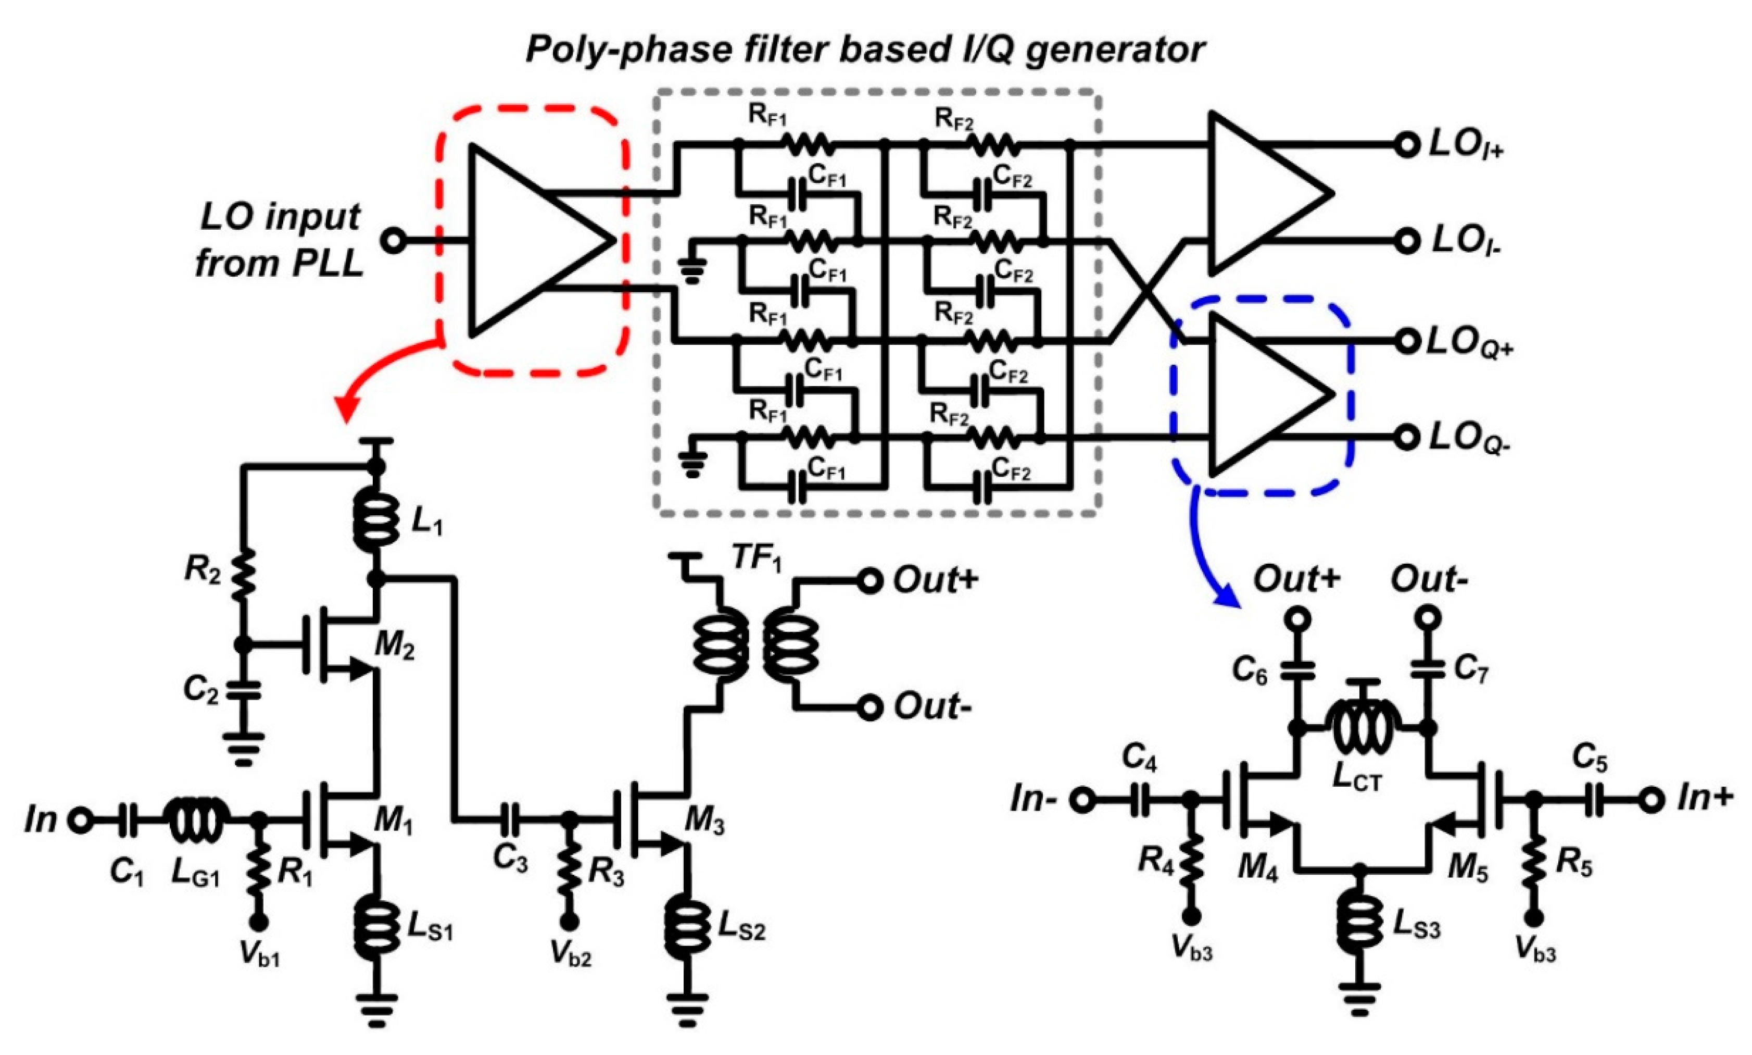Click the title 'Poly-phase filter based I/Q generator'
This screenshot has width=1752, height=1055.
coord(865,50)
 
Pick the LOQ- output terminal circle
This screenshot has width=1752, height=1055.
coord(1405,438)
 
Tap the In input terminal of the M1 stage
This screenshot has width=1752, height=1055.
coord(80,821)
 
